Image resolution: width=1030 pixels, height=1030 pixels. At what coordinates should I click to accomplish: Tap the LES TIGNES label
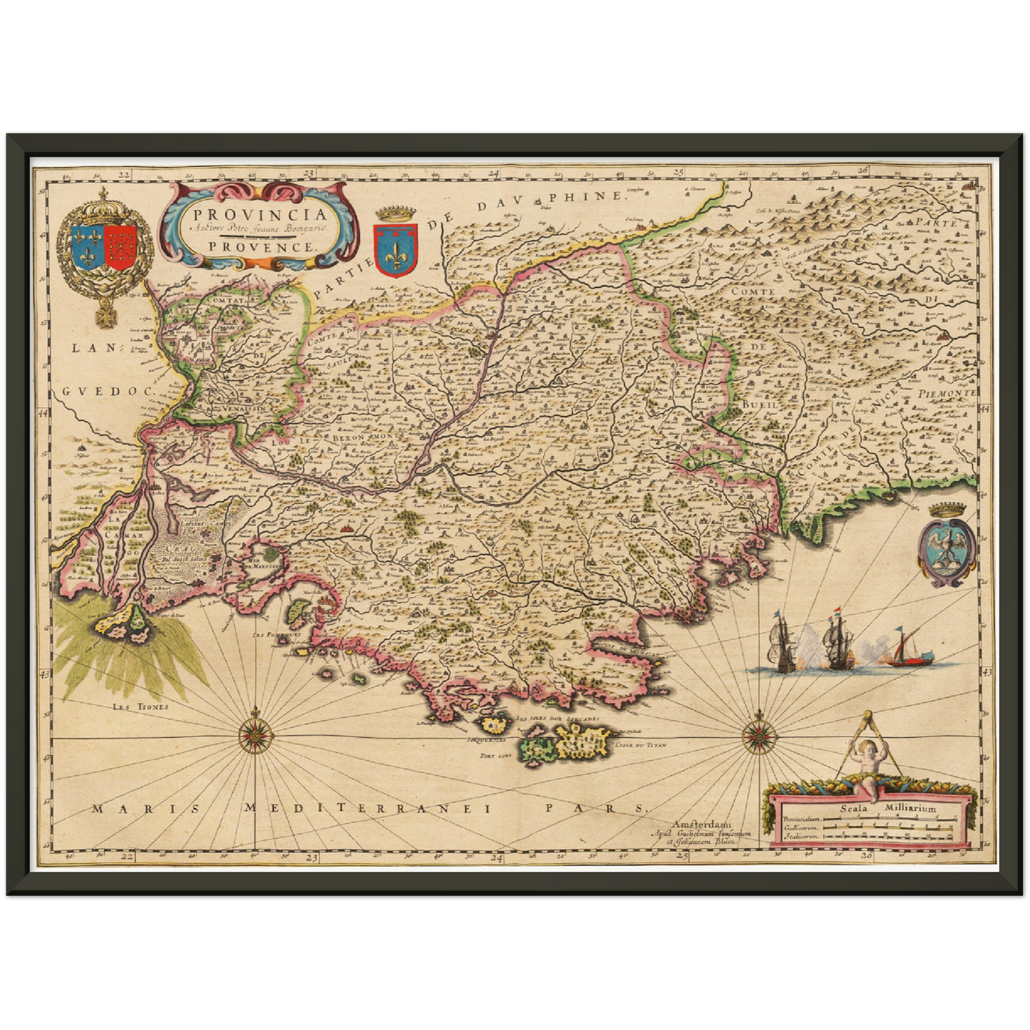pyautogui.click(x=141, y=707)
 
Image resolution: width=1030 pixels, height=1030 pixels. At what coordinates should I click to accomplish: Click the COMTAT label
pyautogui.click(x=226, y=302)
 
